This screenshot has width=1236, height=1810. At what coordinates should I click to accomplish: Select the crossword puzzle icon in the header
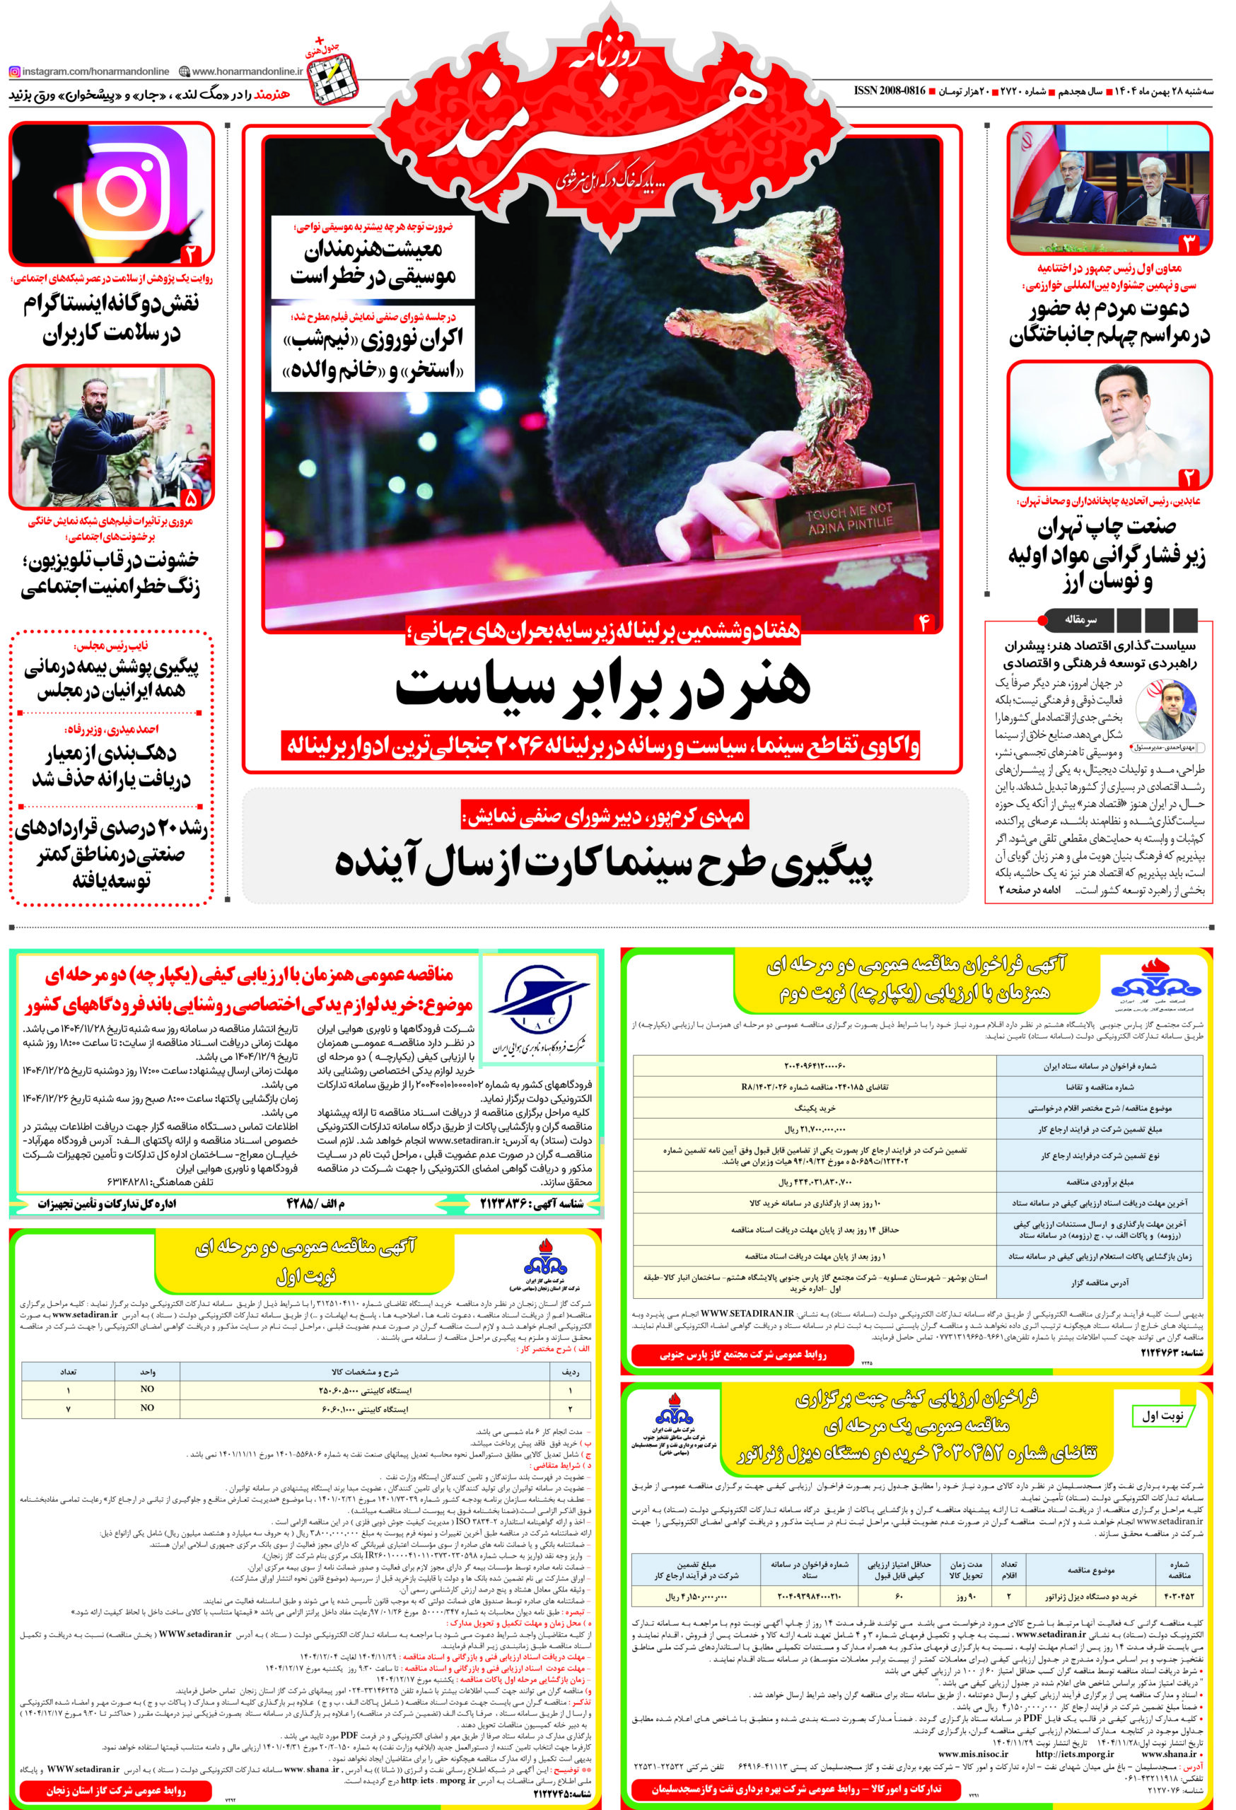(x=332, y=78)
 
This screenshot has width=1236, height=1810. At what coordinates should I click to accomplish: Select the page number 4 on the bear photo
(x=923, y=621)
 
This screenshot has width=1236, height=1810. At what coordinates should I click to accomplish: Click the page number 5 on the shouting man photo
(x=190, y=498)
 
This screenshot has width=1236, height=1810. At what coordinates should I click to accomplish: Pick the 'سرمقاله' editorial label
(x=1080, y=620)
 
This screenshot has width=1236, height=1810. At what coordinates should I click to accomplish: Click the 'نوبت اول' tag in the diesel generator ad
(x=1160, y=1417)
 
